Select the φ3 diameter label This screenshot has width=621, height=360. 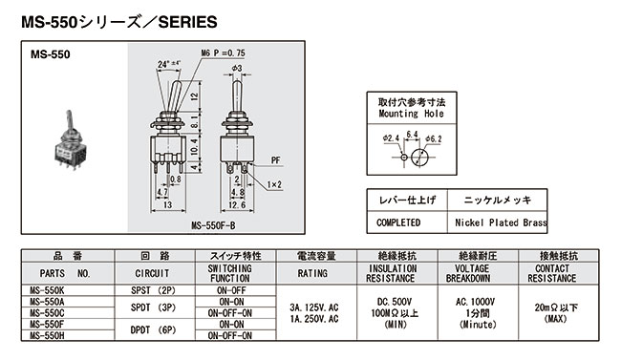point(238,69)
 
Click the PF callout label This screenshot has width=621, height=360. point(276,163)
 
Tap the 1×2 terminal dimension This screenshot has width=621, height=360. point(274,184)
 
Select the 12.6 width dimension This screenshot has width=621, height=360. point(236,203)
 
